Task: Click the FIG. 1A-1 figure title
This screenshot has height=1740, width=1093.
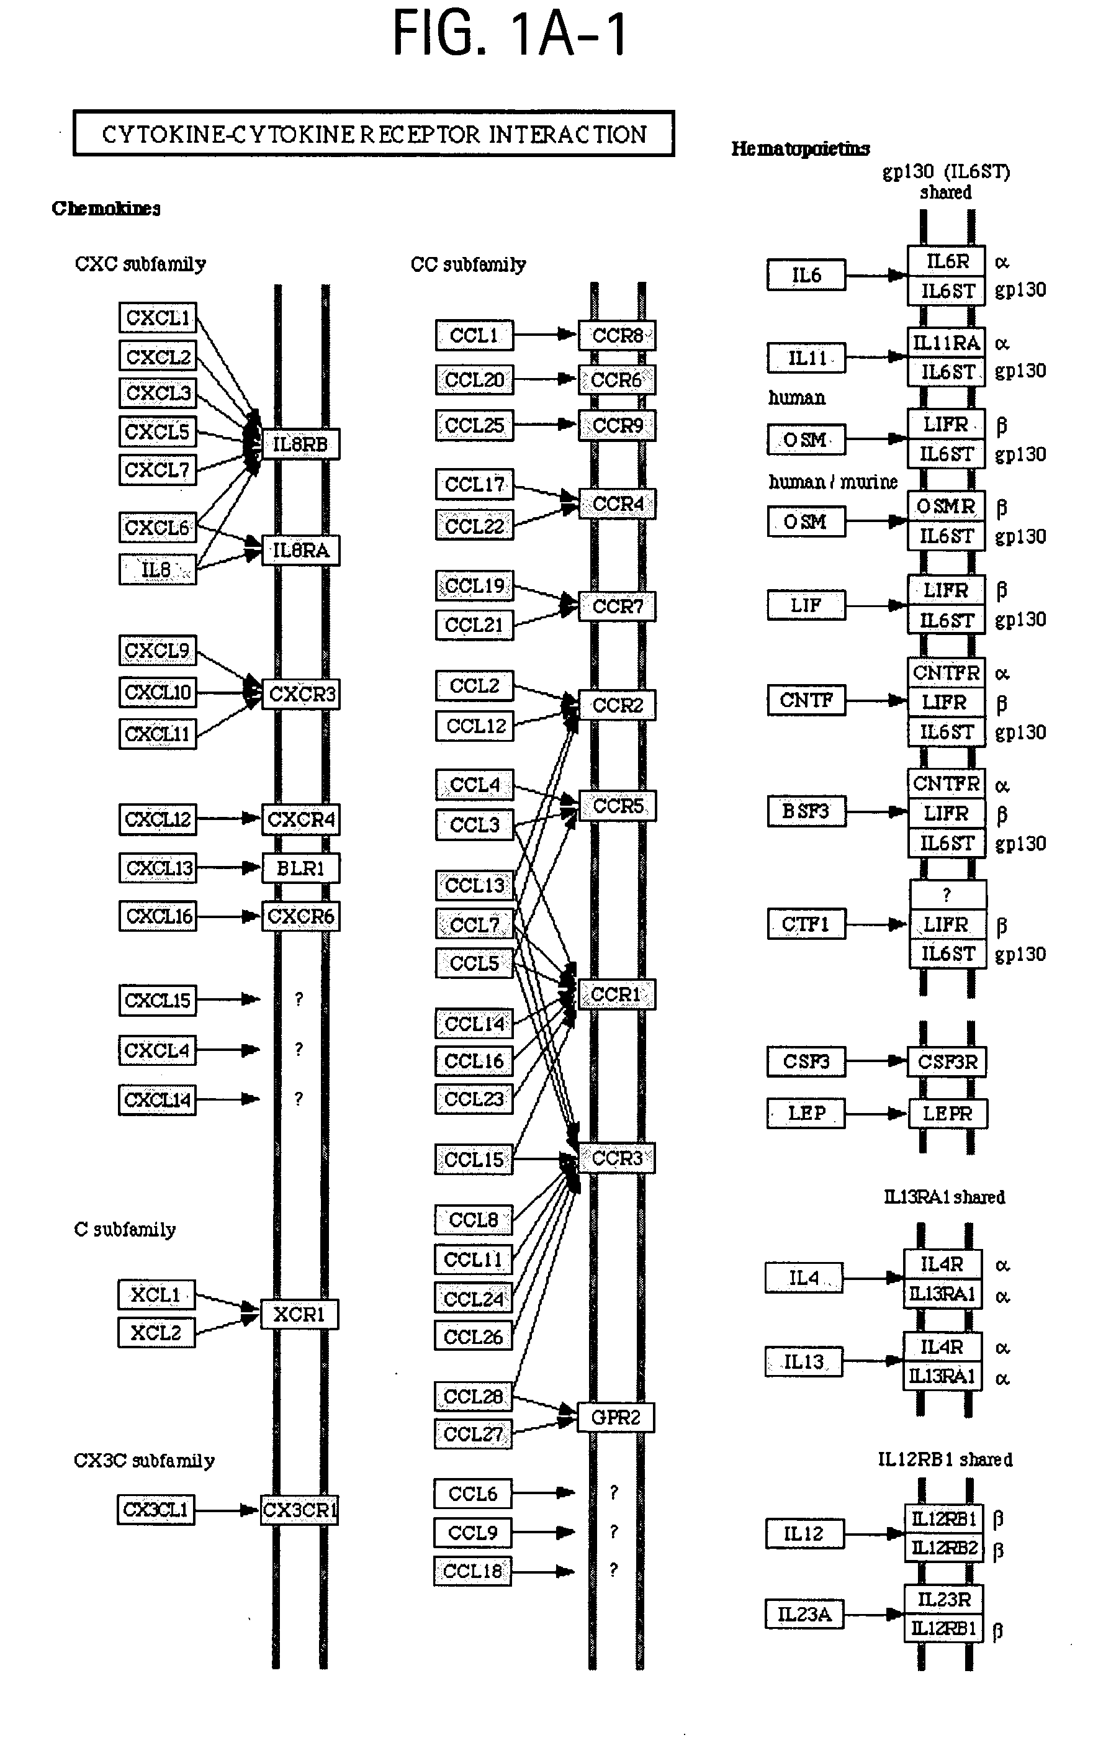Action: [x=510, y=35]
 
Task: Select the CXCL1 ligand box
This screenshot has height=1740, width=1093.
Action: [x=158, y=318]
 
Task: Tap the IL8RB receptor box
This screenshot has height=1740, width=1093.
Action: [x=300, y=444]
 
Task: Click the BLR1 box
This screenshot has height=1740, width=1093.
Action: [x=300, y=868]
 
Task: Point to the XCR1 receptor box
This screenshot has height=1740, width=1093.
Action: [x=299, y=1314]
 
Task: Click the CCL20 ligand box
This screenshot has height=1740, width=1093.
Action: [x=474, y=380]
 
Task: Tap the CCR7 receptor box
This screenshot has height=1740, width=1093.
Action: [x=617, y=606]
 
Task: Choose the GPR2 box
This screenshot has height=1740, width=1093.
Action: [x=616, y=1417]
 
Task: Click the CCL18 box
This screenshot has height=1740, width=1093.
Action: [x=472, y=1571]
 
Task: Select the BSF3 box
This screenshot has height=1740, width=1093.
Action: [x=806, y=811]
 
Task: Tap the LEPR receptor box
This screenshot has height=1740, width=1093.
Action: [x=947, y=1114]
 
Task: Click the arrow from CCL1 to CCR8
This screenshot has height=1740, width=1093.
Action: [x=546, y=335]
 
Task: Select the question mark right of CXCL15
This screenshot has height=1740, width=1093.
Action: [x=299, y=999]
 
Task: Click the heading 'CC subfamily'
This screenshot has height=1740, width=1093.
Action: [x=468, y=265]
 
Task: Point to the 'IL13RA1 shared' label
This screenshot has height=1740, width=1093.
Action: [x=944, y=1197]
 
